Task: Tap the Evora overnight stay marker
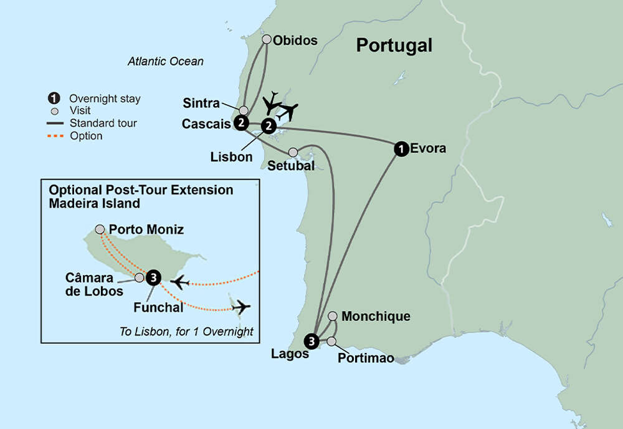(401, 148)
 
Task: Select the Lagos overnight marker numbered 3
(311, 340)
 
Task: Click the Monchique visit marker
(333, 316)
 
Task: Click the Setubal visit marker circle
(293, 152)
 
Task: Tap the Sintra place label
(202, 103)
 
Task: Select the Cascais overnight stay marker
(241, 123)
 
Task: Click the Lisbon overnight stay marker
(268, 126)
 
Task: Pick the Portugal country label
(394, 46)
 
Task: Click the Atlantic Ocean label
(166, 62)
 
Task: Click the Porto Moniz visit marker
(100, 229)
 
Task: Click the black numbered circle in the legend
(55, 99)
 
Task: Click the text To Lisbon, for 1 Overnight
(186, 332)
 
